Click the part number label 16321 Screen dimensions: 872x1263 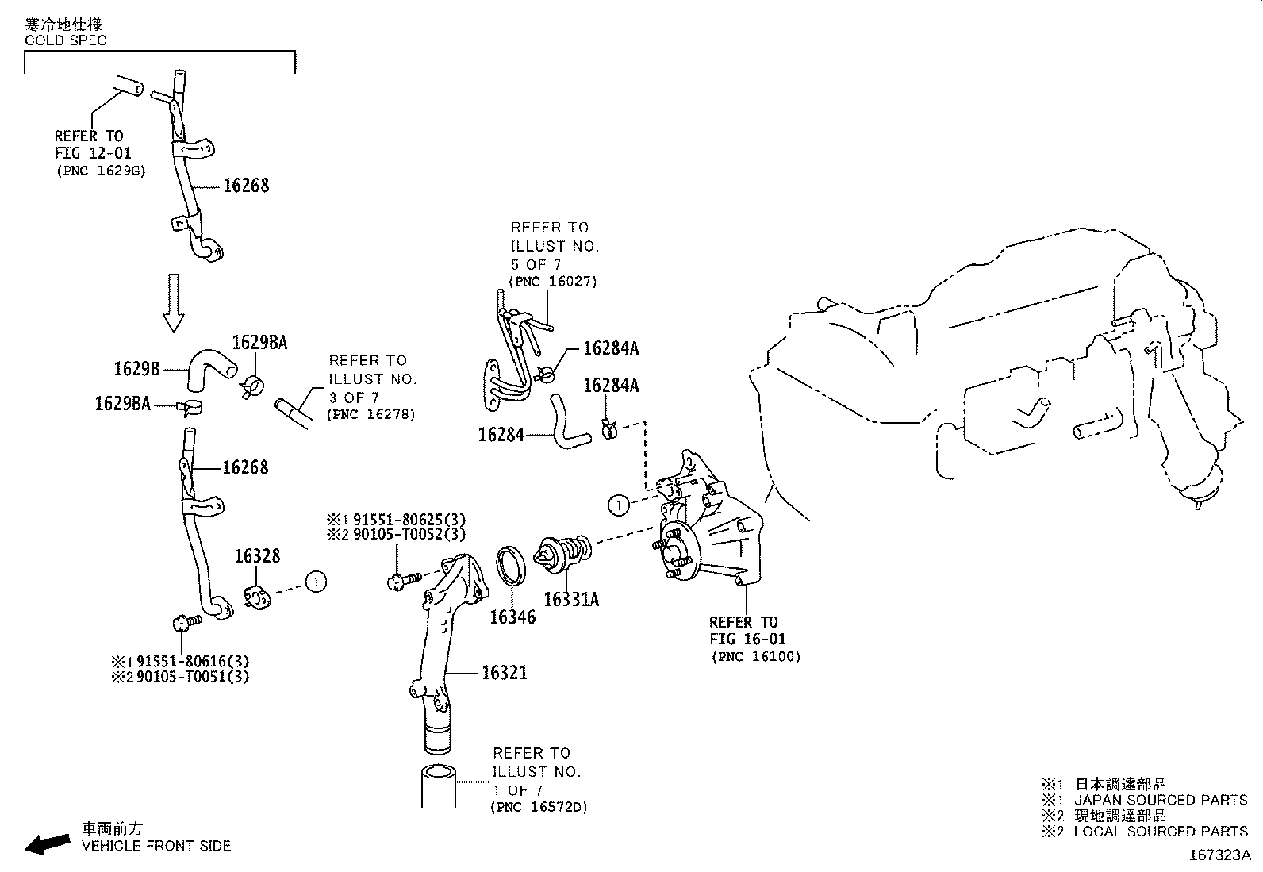click(504, 673)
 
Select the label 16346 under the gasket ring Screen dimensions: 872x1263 click(512, 617)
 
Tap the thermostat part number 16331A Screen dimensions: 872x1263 click(571, 600)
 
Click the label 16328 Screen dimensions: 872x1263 click(257, 557)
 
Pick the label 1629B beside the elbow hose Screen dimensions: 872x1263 click(137, 368)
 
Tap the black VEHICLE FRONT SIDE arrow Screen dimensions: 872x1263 click(47, 844)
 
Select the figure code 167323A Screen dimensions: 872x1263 click(1219, 855)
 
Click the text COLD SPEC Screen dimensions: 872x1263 click(66, 40)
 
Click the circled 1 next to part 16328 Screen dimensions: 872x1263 click(317, 582)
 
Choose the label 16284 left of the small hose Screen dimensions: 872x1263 click(501, 435)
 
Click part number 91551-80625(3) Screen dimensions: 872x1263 click(407, 519)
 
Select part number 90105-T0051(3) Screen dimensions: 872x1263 click(193, 677)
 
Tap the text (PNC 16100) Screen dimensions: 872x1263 click(756, 656)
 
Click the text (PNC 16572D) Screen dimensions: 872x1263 click(539, 807)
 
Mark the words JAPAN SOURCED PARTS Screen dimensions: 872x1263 click(1161, 800)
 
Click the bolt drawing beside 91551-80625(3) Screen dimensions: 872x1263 click(399, 582)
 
